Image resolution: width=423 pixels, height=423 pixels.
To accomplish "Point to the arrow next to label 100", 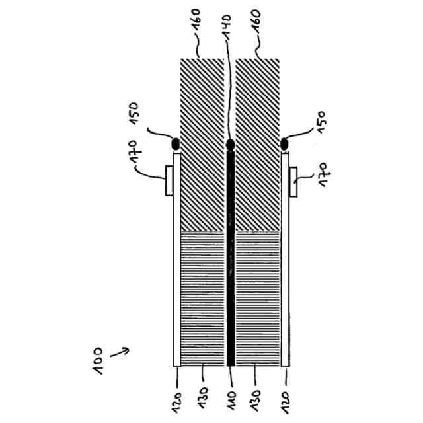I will click(x=118, y=354).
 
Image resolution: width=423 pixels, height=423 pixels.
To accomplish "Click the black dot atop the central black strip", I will click(x=230, y=144).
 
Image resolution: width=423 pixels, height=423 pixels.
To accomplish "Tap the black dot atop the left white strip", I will click(x=176, y=143).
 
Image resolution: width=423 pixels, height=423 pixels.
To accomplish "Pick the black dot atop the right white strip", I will click(x=285, y=143).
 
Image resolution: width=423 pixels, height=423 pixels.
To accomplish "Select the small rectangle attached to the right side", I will click(x=293, y=182).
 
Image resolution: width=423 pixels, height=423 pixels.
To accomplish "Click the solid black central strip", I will click(x=230, y=264).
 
